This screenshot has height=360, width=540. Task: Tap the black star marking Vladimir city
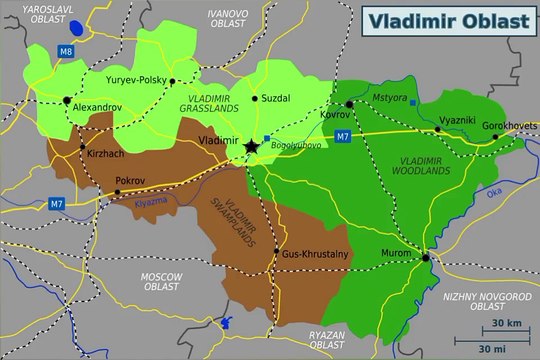coord(250,147)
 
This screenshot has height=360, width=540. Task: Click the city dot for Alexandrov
coord(67,100)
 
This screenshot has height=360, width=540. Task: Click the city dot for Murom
coord(427,257)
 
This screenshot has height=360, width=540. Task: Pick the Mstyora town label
coord(389,98)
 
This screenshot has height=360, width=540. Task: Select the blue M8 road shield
coord(65,50)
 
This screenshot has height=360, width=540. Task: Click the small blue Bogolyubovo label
coord(291,146)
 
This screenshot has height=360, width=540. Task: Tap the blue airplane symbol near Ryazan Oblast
coord(224,323)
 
